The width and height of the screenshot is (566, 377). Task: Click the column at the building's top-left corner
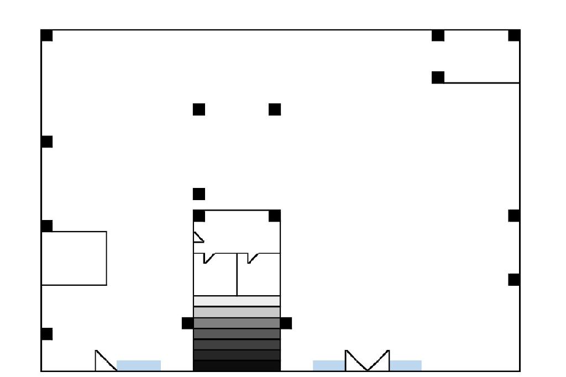(x=47, y=35)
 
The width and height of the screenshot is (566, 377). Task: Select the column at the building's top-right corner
(x=514, y=35)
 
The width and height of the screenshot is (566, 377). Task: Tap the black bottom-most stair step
(x=237, y=366)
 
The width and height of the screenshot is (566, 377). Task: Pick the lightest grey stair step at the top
(x=237, y=301)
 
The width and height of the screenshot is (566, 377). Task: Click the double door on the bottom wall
(x=367, y=360)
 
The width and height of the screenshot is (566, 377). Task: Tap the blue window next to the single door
(x=139, y=365)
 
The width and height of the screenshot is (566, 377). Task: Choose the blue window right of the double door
(x=406, y=365)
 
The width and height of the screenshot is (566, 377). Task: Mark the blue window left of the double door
(x=329, y=365)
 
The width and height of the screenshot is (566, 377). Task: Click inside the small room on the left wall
(x=74, y=258)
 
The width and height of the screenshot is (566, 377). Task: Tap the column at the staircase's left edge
(x=188, y=323)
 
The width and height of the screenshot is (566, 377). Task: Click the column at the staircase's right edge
(x=286, y=323)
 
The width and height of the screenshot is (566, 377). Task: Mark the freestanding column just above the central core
(x=199, y=194)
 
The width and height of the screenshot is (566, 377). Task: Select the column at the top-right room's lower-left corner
(x=438, y=77)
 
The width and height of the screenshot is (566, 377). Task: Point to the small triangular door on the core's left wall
(x=198, y=237)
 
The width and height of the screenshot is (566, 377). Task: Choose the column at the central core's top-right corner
(x=275, y=216)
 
